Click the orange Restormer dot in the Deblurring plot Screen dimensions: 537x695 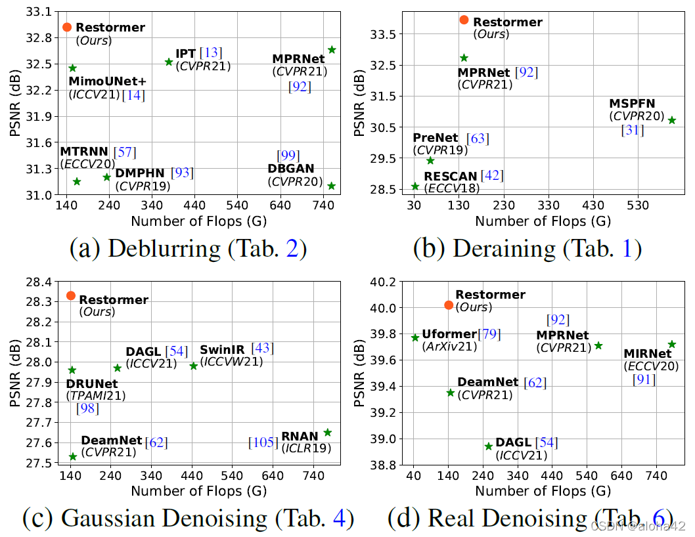tap(67, 27)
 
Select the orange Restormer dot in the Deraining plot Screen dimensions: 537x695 tap(464, 20)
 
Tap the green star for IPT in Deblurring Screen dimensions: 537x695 tap(169, 62)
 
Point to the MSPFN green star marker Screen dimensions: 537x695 tap(671, 120)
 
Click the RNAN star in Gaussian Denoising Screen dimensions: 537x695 tap(327, 432)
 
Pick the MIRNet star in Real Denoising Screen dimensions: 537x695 tap(671, 344)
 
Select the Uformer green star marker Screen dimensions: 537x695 tap(415, 337)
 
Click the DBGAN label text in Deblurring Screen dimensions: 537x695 tap(291, 169)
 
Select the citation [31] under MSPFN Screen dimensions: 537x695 tap(633, 131)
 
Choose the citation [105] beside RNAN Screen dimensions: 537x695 tap(263, 442)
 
